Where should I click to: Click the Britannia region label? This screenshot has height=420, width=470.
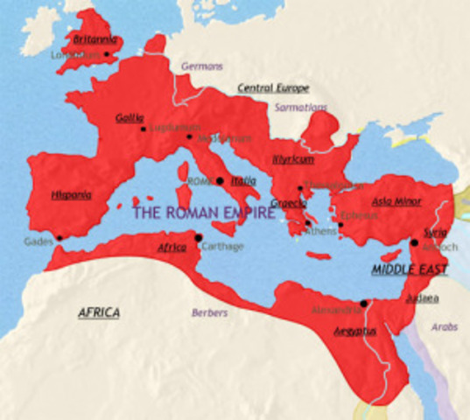pyautogui.click(x=94, y=39)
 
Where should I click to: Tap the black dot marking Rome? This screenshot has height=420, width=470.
pyautogui.click(x=221, y=181)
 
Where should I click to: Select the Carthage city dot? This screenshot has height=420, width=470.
pyautogui.click(x=199, y=237)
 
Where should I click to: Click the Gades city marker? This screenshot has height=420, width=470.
pyautogui.click(x=60, y=237)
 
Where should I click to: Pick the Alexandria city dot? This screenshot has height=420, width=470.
pyautogui.click(x=364, y=303)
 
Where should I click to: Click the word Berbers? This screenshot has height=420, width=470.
pyautogui.click(x=210, y=311)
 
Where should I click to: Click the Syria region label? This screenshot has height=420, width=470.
pyautogui.click(x=433, y=234)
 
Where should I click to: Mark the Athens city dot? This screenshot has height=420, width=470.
pyautogui.click(x=306, y=224)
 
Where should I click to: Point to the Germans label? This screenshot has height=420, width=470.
pyautogui.click(x=203, y=66)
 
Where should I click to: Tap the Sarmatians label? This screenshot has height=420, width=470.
pyautogui.click(x=301, y=108)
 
